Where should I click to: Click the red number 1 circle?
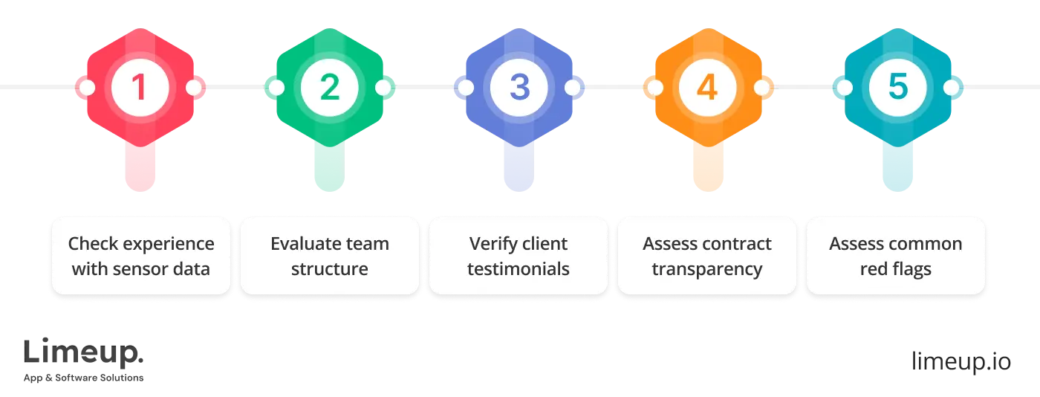click(x=140, y=88)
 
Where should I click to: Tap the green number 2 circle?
click(x=329, y=88)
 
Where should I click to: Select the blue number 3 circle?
click(x=519, y=88)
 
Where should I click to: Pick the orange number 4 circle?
click(x=707, y=88)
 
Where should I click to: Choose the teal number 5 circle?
click(x=897, y=88)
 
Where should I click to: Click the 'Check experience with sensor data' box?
click(x=141, y=256)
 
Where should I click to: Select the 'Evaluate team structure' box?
click(x=329, y=256)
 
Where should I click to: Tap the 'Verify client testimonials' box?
click(x=519, y=256)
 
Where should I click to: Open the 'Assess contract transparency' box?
click(x=707, y=256)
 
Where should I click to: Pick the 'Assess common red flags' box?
click(x=896, y=256)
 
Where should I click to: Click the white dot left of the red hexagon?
click(x=87, y=88)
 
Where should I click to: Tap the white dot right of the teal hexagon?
click(x=951, y=88)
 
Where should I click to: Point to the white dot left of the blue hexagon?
click(x=465, y=88)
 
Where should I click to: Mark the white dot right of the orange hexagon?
click(x=761, y=88)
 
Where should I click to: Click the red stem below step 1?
click(x=140, y=167)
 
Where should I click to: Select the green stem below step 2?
click(x=329, y=167)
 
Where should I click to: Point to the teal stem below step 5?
click(x=897, y=167)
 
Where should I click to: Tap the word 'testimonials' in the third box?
click(x=519, y=268)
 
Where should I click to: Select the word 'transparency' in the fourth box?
click(x=707, y=268)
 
